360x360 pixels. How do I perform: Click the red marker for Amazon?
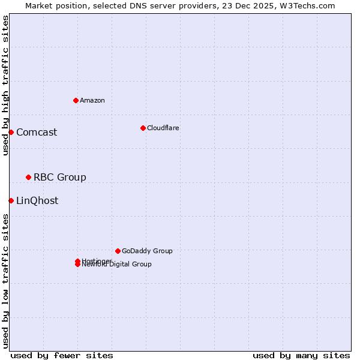(76, 100)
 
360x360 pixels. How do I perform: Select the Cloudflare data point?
(143, 128)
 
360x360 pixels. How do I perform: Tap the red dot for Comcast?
(11, 132)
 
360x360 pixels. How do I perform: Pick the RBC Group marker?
(28, 177)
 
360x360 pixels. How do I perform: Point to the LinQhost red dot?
(11, 200)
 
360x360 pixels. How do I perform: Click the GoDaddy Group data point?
(118, 251)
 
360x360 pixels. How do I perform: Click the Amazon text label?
(92, 100)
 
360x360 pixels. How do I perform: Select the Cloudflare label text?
(163, 128)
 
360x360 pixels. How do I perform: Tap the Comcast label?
(37, 133)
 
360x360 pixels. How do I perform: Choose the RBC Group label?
(60, 178)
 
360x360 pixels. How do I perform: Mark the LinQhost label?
(37, 201)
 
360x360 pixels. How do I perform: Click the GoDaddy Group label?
(147, 251)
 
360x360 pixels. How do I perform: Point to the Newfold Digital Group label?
(117, 265)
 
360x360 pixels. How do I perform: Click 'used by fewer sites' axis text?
(62, 355)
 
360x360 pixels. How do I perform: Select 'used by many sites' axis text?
(301, 355)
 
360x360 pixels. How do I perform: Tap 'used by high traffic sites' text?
(5, 86)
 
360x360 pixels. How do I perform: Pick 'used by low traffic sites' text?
(5, 280)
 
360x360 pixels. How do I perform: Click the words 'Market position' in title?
(55, 5)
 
